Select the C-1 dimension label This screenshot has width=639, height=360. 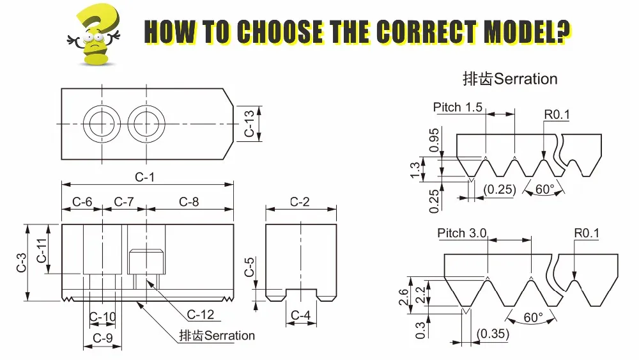(144, 176)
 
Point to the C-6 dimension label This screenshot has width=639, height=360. (81, 201)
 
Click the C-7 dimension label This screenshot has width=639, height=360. (124, 201)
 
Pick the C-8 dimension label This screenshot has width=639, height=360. (189, 201)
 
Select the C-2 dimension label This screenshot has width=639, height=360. (300, 201)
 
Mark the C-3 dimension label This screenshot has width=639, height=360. (21, 262)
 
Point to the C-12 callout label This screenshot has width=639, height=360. (200, 315)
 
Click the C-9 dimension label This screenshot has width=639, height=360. (103, 337)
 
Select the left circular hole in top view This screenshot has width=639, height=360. (102, 122)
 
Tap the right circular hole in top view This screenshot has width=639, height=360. (146, 122)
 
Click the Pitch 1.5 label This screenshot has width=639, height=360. (458, 107)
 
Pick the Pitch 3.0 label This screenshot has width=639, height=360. (462, 233)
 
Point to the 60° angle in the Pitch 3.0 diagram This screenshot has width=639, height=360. (532, 317)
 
